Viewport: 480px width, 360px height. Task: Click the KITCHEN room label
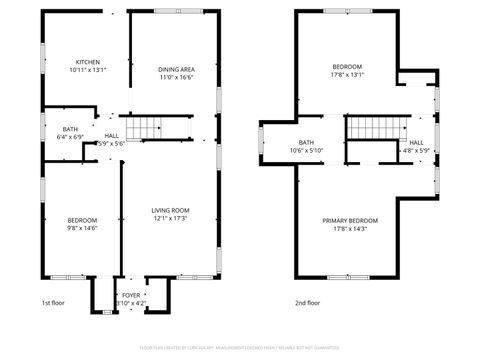pos(86,61)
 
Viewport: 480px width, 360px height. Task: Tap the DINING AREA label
pos(176,69)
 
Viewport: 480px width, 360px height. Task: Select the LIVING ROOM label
pos(170,210)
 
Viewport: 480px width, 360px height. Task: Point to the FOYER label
pos(131,295)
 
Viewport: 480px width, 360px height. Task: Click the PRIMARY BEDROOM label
pos(350,220)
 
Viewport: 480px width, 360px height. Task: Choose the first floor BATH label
pos(70,129)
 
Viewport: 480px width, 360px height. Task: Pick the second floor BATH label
pos(306,143)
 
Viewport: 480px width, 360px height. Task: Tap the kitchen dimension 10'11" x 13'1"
pos(86,70)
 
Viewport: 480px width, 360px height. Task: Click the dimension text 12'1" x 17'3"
pos(170,219)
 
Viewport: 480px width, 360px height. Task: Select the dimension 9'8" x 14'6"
pos(82,228)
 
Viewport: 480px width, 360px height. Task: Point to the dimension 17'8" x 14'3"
pos(350,229)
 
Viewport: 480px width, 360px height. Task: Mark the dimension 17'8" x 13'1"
pos(347,73)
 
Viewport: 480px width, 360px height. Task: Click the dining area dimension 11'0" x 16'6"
pos(176,78)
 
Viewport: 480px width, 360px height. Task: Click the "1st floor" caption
pos(54,302)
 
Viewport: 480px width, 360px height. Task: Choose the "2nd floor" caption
pos(308,302)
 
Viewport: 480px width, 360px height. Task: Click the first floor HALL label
pos(111,135)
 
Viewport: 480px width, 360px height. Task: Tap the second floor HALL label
pos(416,143)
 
